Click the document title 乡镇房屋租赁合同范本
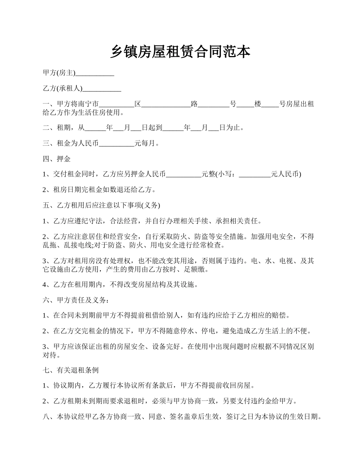pos(180,52)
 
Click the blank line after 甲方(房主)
pos(95,73)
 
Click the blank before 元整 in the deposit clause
pos(184,174)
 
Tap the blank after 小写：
pos(255,174)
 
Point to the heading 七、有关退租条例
pos(71,370)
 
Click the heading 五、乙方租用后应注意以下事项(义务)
pos(102,205)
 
